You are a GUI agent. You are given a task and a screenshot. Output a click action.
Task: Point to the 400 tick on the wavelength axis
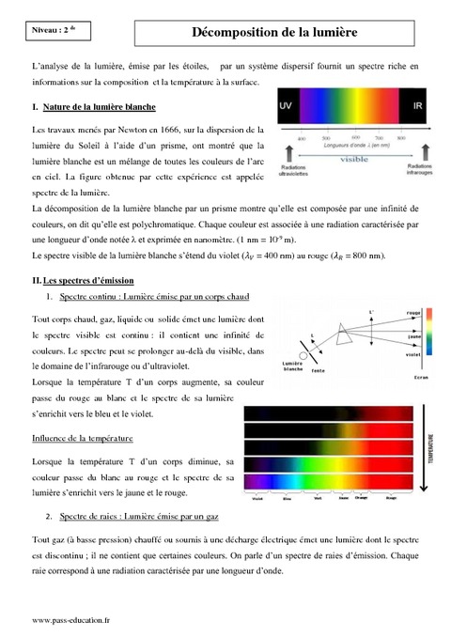302,137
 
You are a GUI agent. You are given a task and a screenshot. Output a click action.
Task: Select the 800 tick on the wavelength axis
402,137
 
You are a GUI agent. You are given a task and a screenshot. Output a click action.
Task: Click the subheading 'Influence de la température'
83,439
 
